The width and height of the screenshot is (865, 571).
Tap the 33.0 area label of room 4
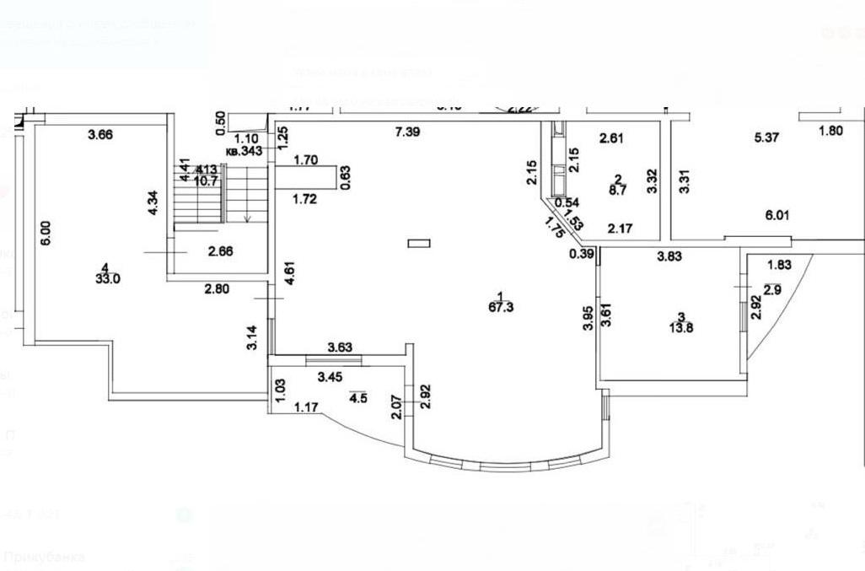click(105, 278)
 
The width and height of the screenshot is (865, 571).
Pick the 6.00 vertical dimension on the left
click(46, 232)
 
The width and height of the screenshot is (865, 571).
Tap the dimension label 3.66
click(100, 132)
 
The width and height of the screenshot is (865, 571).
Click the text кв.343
click(244, 151)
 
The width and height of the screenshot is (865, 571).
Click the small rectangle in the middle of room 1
click(419, 244)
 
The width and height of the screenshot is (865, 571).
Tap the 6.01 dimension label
click(776, 215)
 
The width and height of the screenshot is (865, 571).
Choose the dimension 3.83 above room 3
click(671, 256)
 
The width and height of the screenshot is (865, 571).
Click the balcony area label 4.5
click(358, 399)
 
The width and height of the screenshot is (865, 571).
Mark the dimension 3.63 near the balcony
click(341, 347)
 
